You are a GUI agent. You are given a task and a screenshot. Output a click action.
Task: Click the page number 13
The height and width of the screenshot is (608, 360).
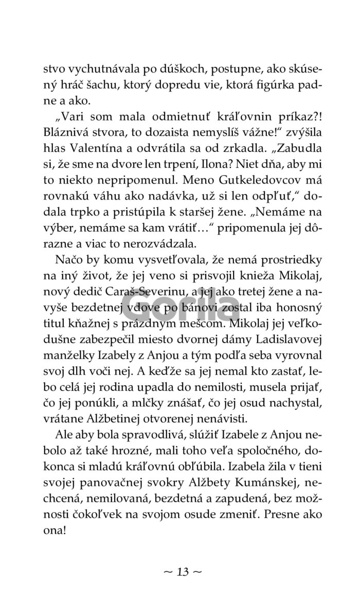tap(180, 572)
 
